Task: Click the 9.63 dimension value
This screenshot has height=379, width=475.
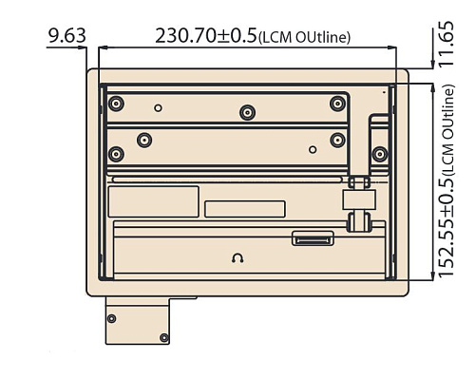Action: coord(66,35)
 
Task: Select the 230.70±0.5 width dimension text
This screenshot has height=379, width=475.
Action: coord(206,35)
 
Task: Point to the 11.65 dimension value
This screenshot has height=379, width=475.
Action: coord(446,44)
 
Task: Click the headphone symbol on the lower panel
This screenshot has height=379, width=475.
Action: coord(237,258)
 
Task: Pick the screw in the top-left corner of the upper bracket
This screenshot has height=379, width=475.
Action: coord(116,104)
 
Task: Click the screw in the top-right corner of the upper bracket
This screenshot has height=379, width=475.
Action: coord(337,104)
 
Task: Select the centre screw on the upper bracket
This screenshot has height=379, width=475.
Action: coord(247,112)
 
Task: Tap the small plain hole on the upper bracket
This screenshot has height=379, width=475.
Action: coord(158,108)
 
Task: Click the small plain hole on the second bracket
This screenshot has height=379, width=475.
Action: coord(313,149)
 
